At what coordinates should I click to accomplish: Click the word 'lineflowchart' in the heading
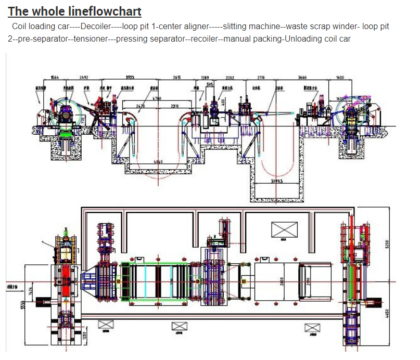(x=107, y=11)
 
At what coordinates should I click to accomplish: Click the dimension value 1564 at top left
(x=54, y=78)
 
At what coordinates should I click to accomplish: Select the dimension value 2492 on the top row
(x=83, y=78)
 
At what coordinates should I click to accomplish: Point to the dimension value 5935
(x=130, y=78)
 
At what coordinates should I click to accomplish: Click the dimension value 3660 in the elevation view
(x=302, y=78)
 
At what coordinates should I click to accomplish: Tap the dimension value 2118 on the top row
(x=261, y=78)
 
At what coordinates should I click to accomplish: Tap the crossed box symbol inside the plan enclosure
(x=284, y=228)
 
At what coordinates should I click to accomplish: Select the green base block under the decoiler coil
(x=66, y=134)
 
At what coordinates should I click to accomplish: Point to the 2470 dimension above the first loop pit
(x=140, y=106)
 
